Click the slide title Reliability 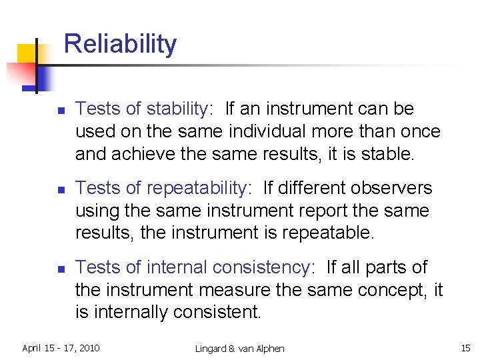pos(120,44)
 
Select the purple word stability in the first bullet pos(176,109)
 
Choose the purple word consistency pos(261,267)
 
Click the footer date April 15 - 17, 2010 pos(61,348)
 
